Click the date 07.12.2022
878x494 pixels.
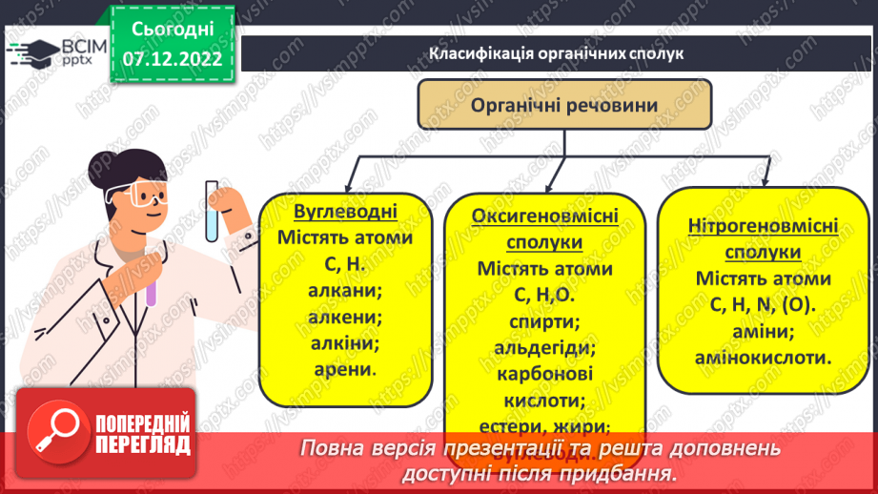pyautogui.click(x=173, y=58)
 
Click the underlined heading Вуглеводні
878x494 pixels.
pyautogui.click(x=344, y=211)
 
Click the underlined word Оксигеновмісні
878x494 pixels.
pyautogui.click(x=544, y=216)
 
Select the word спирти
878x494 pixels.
pyautogui.click(x=544, y=321)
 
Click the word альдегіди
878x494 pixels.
pyautogui.click(x=544, y=347)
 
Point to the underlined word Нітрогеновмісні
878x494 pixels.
pyautogui.click(x=762, y=227)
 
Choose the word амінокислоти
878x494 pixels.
pyautogui.click(x=762, y=359)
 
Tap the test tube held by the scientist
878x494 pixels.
pyautogui.click(x=212, y=211)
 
